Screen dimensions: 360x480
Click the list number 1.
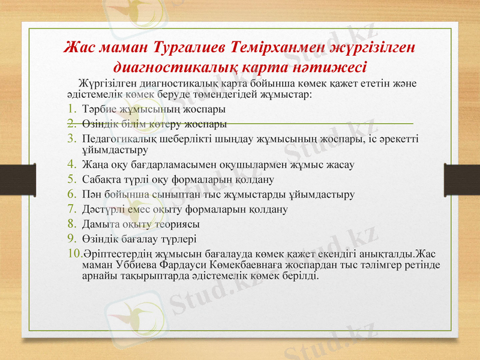point(70,110)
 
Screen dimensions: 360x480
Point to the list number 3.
point(70,139)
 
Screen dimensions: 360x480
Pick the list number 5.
point(70,178)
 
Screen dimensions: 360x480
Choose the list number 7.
point(70,209)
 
